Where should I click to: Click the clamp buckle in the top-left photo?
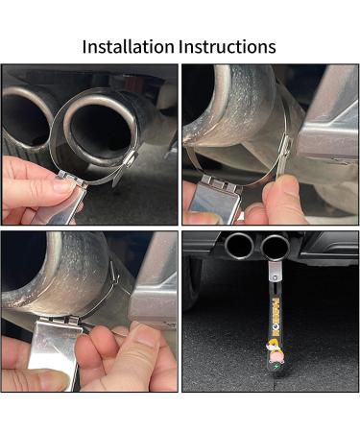[x=126, y=173]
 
